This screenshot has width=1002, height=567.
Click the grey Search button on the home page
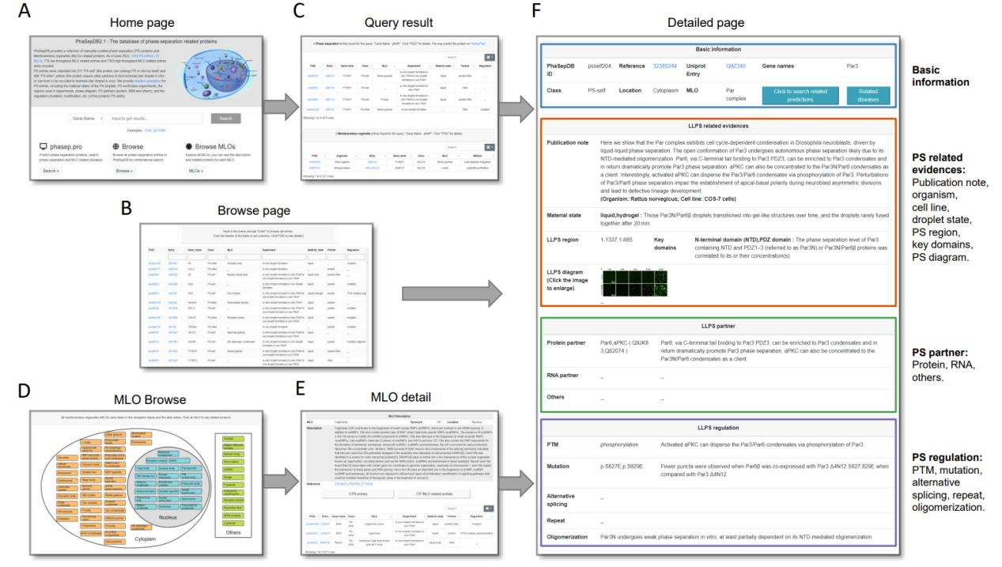(x=225, y=119)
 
